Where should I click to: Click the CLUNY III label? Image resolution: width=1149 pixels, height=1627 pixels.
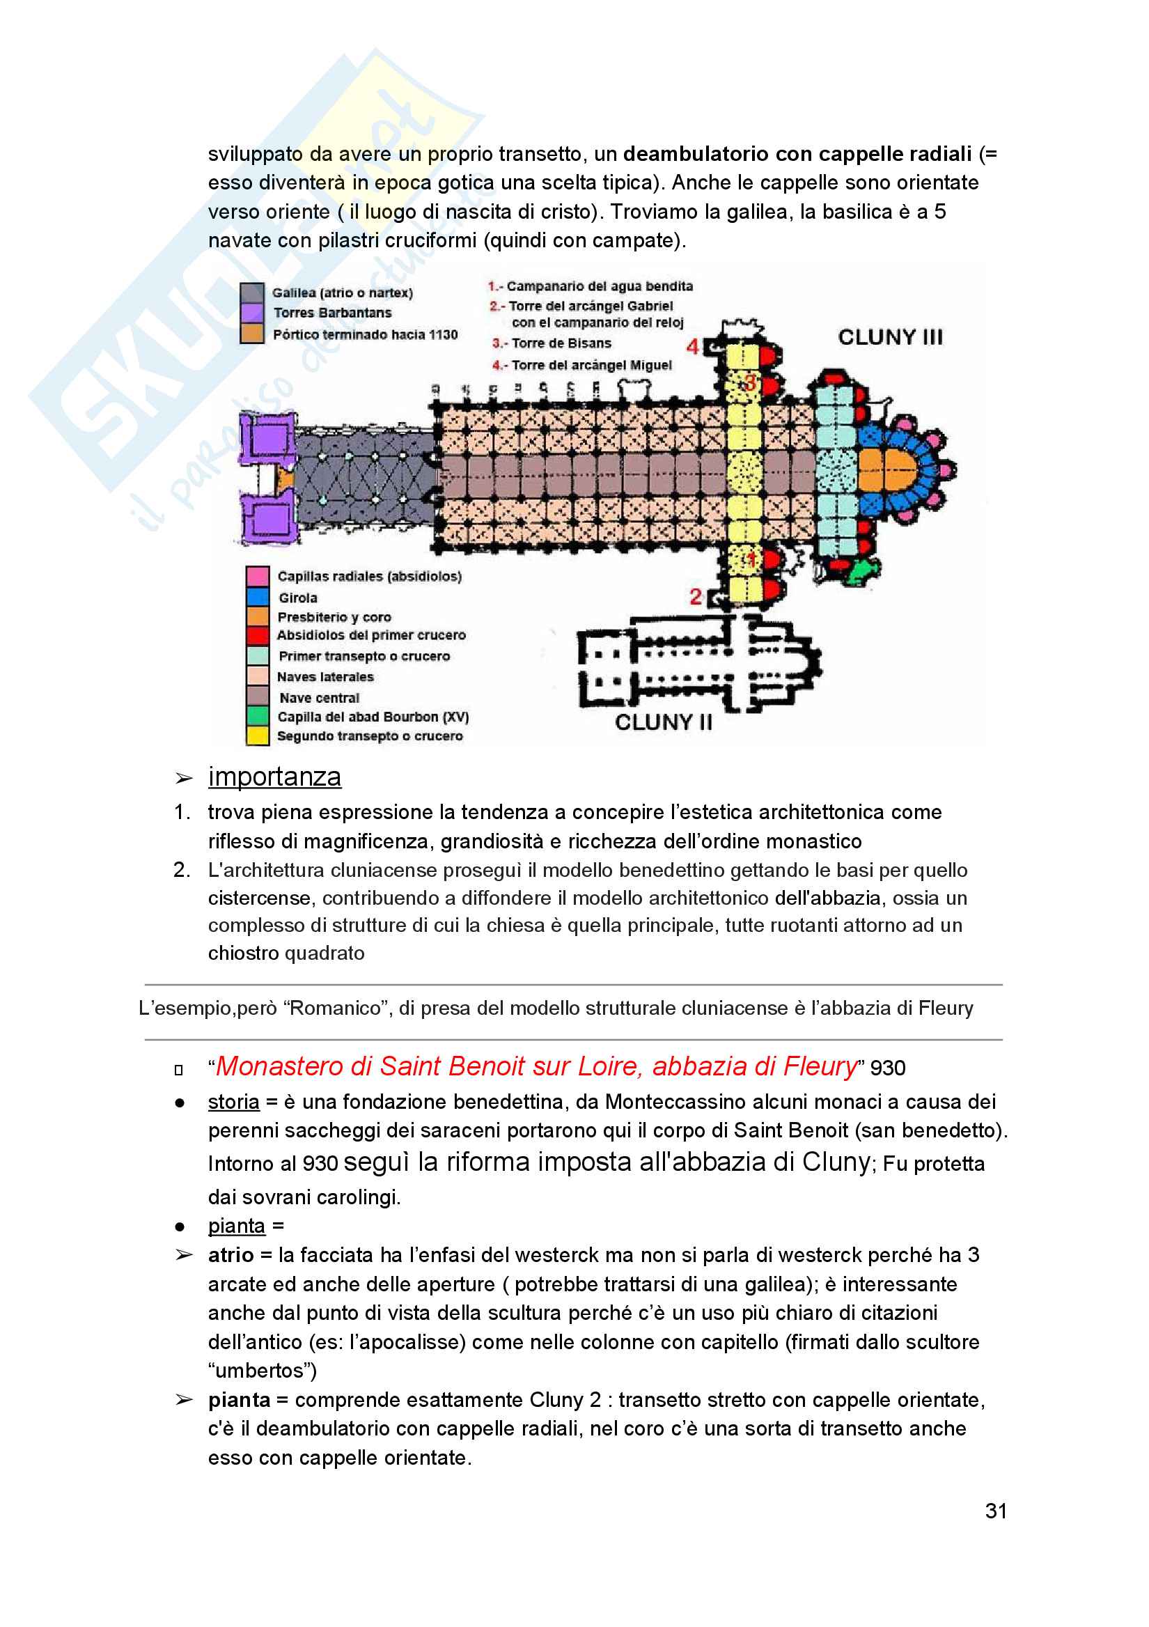click(x=890, y=336)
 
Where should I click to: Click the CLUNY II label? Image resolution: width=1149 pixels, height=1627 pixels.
click(x=663, y=722)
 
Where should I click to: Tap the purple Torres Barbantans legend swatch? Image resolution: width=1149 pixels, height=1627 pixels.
click(x=252, y=313)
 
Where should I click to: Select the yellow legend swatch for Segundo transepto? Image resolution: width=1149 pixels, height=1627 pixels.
click(x=257, y=735)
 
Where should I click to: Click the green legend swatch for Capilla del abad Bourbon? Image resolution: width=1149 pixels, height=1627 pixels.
click(x=257, y=716)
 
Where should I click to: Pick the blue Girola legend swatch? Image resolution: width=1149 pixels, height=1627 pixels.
click(x=257, y=596)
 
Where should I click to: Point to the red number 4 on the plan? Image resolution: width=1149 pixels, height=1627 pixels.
click(x=692, y=346)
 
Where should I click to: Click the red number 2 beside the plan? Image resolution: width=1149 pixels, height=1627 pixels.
click(x=696, y=597)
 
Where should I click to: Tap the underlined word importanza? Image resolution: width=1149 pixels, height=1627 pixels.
click(x=274, y=777)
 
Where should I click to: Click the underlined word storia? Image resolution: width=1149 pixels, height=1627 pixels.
click(x=234, y=1102)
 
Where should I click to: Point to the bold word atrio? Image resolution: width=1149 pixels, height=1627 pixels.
click(x=231, y=1255)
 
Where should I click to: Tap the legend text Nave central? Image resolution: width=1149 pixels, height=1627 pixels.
click(x=319, y=698)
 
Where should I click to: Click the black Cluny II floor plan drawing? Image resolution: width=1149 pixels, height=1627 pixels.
click(x=699, y=662)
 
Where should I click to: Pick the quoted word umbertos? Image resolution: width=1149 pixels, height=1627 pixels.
click(x=262, y=1371)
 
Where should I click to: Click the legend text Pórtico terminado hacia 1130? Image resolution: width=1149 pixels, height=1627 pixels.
click(x=366, y=334)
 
